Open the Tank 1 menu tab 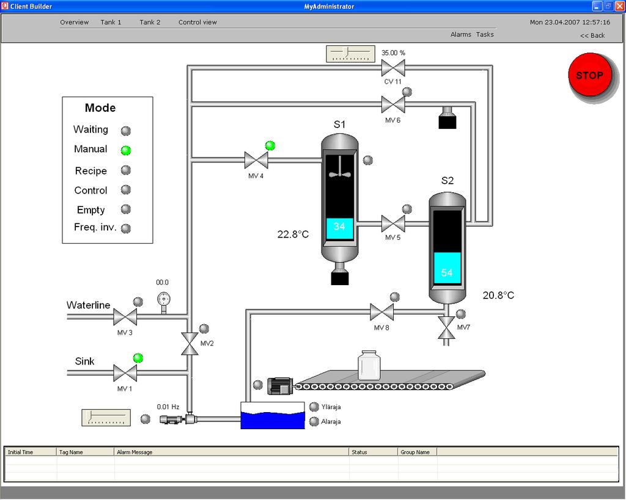pyautogui.click(x=111, y=23)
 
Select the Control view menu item pyautogui.click(x=197, y=23)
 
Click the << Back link pyautogui.click(x=592, y=35)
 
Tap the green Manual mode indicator pyautogui.click(x=126, y=150)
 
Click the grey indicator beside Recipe pyautogui.click(x=126, y=170)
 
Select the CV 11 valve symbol pyautogui.click(x=393, y=68)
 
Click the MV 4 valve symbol pyautogui.click(x=256, y=161)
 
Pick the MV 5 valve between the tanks pyautogui.click(x=393, y=223)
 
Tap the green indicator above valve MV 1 pyautogui.click(x=138, y=358)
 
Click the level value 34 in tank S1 pyautogui.click(x=339, y=226)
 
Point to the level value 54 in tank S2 pyautogui.click(x=447, y=273)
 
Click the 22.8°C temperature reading pyautogui.click(x=293, y=234)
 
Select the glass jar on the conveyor pyautogui.click(x=369, y=365)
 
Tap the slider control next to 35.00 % pyautogui.click(x=350, y=54)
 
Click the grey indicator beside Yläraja pyautogui.click(x=314, y=407)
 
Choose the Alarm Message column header pyautogui.click(x=134, y=452)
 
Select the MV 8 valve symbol pyautogui.click(x=381, y=312)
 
